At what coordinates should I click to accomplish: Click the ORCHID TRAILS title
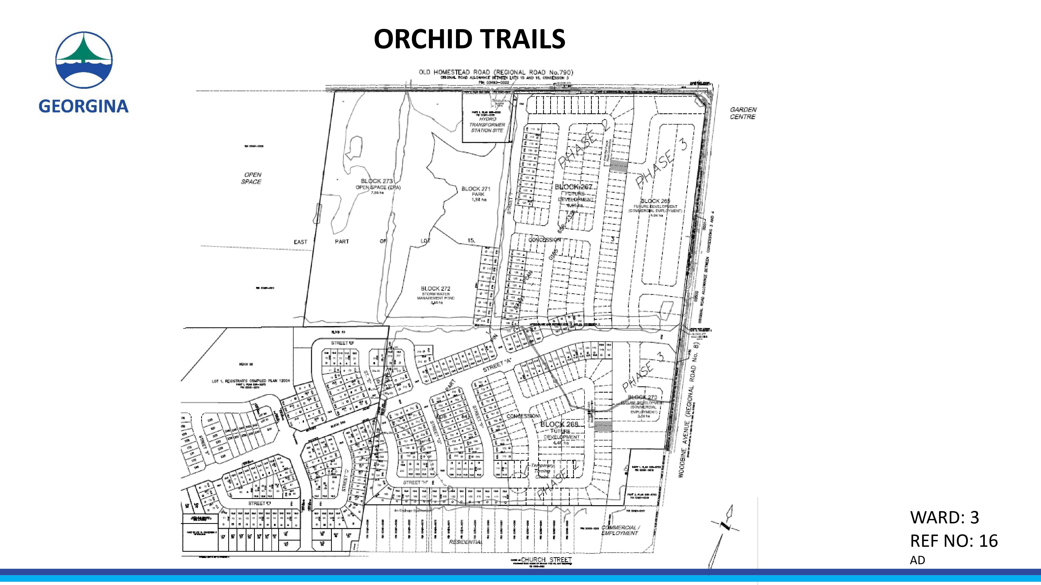point(469,39)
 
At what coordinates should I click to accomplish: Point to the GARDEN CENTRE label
point(743,113)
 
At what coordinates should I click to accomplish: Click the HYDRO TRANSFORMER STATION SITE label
point(487,125)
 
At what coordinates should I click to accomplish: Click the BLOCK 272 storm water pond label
point(435,295)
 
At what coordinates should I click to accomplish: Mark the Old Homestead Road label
point(496,72)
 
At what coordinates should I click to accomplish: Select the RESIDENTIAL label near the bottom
point(466,542)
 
